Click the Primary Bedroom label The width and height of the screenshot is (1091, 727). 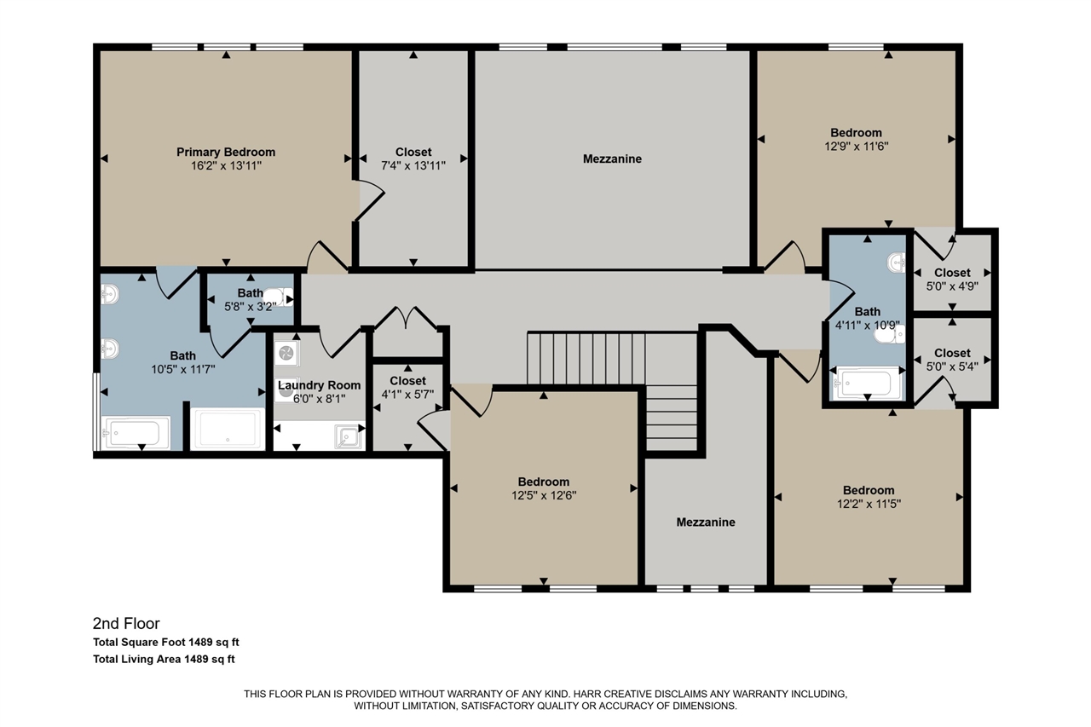click(x=226, y=152)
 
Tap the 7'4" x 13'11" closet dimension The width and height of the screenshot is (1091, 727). click(x=413, y=165)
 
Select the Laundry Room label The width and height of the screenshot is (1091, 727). click(x=319, y=385)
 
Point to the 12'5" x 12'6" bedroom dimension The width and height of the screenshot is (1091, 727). click(x=544, y=496)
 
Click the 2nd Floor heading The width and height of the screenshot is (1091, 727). click(x=126, y=623)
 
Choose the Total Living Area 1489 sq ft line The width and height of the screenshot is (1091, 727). click(x=164, y=659)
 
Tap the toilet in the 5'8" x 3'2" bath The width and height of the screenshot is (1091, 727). click(x=279, y=297)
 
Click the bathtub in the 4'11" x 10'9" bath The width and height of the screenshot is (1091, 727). click(x=867, y=384)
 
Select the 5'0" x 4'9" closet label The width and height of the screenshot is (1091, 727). click(x=952, y=273)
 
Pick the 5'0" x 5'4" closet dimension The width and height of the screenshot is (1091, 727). click(x=952, y=366)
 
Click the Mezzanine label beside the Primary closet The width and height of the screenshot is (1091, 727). click(x=612, y=159)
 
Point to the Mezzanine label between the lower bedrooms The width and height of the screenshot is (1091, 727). click(x=706, y=522)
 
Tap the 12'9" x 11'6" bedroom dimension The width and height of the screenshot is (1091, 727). click(x=857, y=146)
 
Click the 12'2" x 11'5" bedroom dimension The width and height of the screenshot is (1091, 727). click(x=869, y=504)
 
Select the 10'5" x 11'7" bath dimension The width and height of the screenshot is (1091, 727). click(x=182, y=369)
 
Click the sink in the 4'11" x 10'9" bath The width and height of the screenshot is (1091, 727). click(x=897, y=263)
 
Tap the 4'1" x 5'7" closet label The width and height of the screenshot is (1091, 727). click(x=407, y=381)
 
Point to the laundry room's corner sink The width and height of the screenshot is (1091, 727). click(x=349, y=436)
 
